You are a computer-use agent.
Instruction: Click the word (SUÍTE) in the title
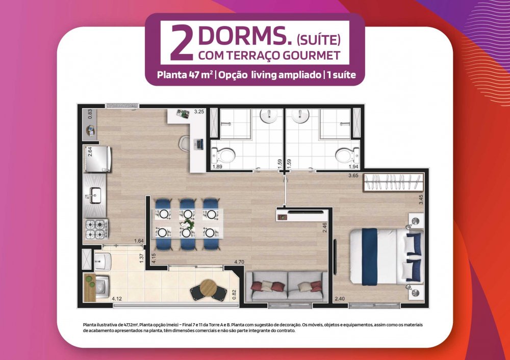(x=318, y=40)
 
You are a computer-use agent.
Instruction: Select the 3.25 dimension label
(x=199, y=112)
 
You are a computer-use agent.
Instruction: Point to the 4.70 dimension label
(x=239, y=262)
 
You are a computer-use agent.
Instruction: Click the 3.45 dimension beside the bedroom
(x=421, y=199)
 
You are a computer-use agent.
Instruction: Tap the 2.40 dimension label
(x=340, y=298)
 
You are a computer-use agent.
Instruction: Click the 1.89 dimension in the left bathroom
(x=217, y=167)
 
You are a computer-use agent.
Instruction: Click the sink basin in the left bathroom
(x=269, y=116)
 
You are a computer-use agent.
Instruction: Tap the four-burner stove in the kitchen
(x=96, y=229)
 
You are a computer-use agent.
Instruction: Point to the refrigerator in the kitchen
(x=97, y=159)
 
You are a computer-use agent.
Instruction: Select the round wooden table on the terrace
(x=208, y=287)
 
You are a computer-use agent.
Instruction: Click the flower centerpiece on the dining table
(x=187, y=224)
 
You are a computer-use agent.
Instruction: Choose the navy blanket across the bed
(x=369, y=256)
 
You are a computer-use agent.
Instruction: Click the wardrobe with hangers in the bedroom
(x=394, y=182)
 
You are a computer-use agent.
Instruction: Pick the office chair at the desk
(x=185, y=144)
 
